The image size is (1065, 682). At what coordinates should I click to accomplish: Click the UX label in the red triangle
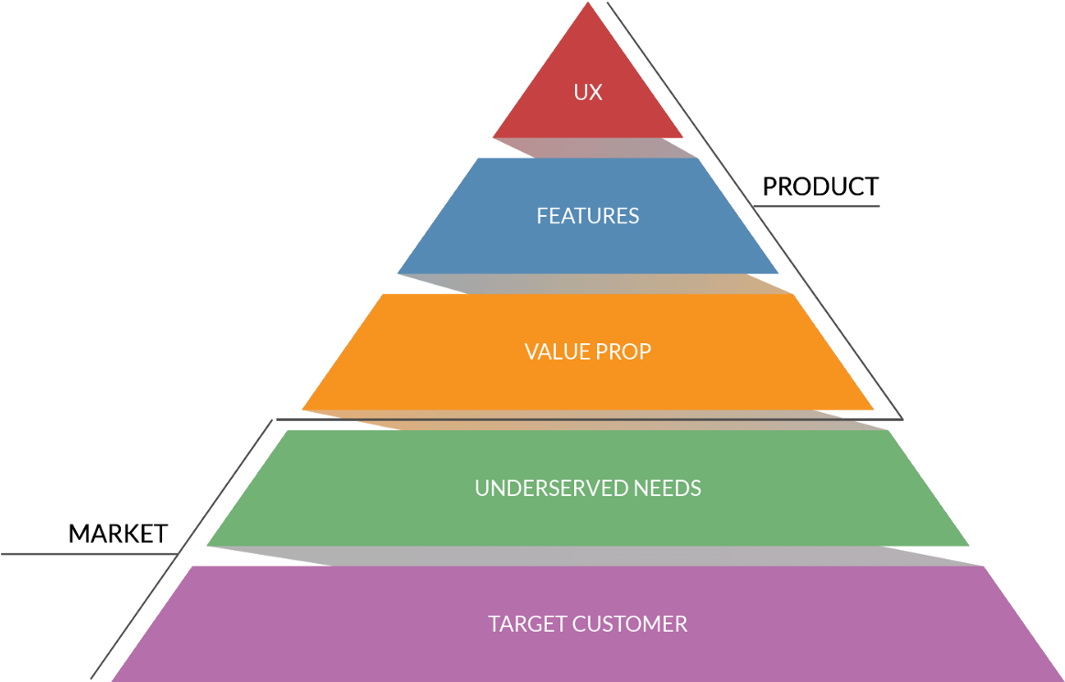(588, 92)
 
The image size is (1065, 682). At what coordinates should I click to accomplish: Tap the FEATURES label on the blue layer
(588, 216)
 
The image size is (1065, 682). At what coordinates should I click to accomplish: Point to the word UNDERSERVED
(539, 488)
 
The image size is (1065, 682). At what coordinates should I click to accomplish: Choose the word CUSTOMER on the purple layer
(630, 624)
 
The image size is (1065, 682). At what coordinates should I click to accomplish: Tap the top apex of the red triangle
(588, 4)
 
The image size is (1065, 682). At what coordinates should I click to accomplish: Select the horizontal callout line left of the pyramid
(87, 554)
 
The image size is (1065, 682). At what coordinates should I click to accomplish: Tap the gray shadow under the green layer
(595, 556)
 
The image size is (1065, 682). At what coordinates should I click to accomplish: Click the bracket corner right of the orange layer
(901, 418)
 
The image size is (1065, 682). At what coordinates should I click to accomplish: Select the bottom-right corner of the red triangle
(682, 137)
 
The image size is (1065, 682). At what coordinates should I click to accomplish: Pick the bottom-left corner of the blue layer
(398, 272)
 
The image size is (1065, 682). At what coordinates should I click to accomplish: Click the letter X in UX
(595, 92)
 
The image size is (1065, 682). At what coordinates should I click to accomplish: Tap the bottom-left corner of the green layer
(208, 545)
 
